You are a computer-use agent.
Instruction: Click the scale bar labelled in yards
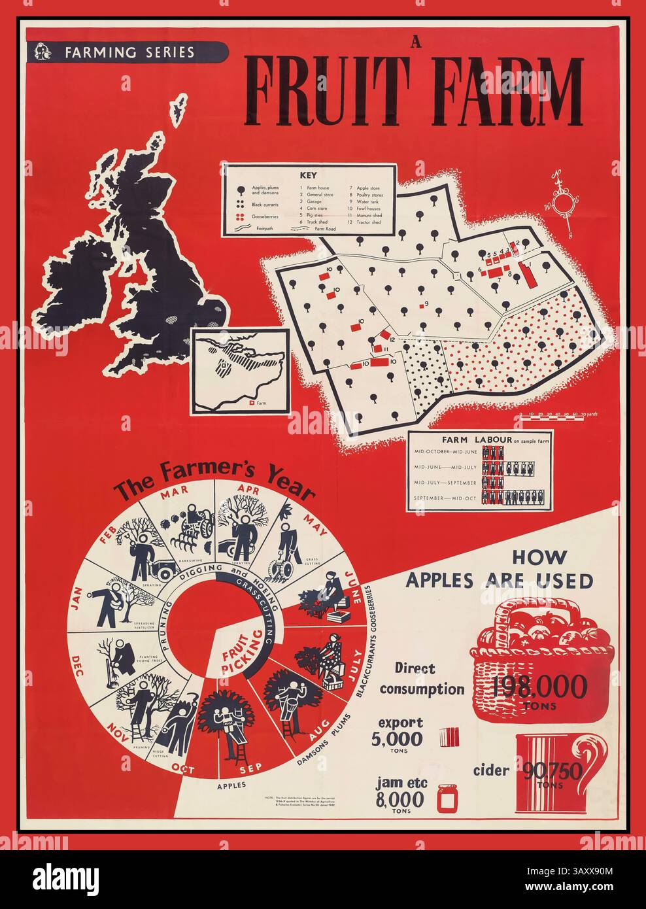(550, 415)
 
